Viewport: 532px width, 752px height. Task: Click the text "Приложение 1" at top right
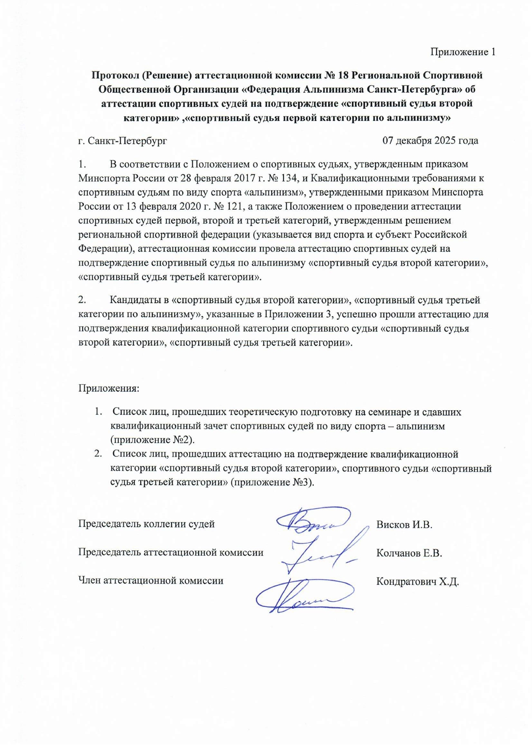(462, 52)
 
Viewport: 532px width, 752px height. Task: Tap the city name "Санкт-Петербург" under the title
(128, 141)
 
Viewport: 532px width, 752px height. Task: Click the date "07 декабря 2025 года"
(430, 141)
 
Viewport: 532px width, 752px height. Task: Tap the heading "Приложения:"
(109, 389)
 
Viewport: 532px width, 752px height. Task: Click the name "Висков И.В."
(404, 525)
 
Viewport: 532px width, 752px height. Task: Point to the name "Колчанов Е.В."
(409, 553)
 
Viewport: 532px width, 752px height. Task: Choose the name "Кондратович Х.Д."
(417, 581)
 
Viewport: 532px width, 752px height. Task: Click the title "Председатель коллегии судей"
(146, 524)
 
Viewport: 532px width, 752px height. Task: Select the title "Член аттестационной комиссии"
(151, 581)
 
